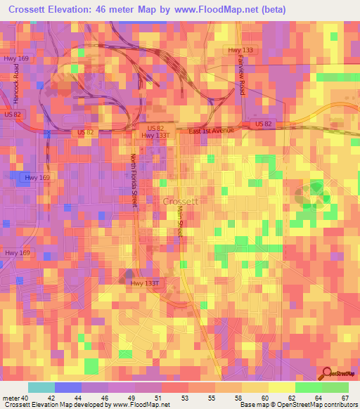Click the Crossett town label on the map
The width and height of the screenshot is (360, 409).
tap(181, 200)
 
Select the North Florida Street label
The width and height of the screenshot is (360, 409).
tap(134, 181)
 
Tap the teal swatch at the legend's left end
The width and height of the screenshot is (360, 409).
tap(41, 387)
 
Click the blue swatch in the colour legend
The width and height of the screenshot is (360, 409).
tap(68, 387)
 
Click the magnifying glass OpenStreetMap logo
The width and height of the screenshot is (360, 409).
tap(326, 372)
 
